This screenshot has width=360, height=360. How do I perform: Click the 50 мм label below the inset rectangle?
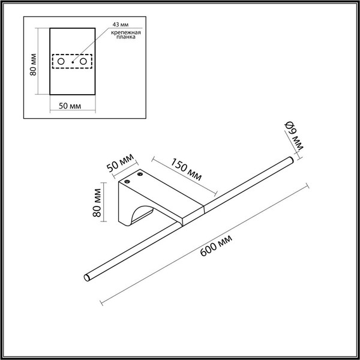pos(71,106)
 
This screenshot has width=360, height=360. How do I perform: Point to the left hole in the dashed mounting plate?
pos(61,62)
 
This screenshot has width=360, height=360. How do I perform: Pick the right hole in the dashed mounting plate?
pos(83,62)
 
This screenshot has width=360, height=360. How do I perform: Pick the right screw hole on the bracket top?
pos(142,175)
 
